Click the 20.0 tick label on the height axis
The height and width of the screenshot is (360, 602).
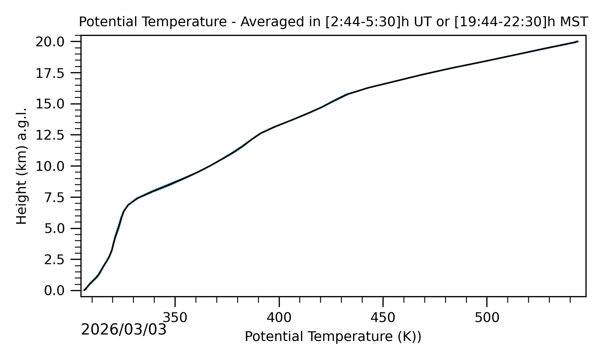tap(55, 42)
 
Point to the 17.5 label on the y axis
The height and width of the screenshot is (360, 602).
tap(55, 73)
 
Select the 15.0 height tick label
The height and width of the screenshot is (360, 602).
tap(55, 104)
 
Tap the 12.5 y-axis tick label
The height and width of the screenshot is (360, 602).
tap(55, 135)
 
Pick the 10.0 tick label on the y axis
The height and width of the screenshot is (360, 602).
tap(55, 166)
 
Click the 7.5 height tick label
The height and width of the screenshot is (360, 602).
tap(59, 197)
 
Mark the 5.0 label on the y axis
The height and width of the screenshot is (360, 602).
tap(59, 228)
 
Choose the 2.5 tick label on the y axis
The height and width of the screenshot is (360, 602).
tap(59, 260)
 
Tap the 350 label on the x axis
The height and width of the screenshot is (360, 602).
tap(175, 318)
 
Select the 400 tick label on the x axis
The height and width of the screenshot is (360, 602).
tap(279, 318)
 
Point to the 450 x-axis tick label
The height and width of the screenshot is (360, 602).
tap(383, 318)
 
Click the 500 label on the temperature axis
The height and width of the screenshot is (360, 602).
tap(487, 318)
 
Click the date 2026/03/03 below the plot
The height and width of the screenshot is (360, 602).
tap(124, 329)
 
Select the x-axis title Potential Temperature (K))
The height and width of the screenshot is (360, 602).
tap(333, 337)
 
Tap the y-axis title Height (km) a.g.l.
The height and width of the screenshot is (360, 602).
tap(22, 166)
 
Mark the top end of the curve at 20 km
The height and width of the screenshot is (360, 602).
tap(578, 42)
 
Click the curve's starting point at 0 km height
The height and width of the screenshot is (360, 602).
tap(84, 290)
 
